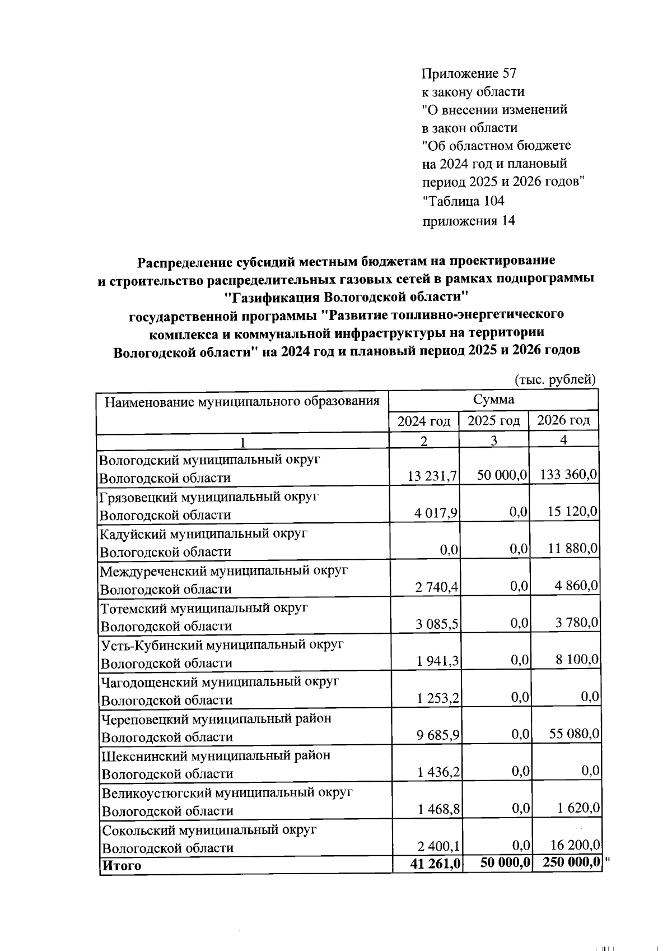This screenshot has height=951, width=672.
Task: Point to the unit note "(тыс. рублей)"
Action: [x=554, y=379]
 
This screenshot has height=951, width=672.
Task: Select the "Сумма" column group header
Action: [x=493, y=400]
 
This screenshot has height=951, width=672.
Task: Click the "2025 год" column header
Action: [x=493, y=421]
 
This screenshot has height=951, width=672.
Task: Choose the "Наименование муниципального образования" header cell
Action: [x=242, y=401]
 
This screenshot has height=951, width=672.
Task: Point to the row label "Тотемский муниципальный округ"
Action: [x=204, y=607]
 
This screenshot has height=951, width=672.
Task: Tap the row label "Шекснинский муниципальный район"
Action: [x=216, y=755]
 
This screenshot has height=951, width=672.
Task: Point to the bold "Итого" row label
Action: [x=122, y=865]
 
